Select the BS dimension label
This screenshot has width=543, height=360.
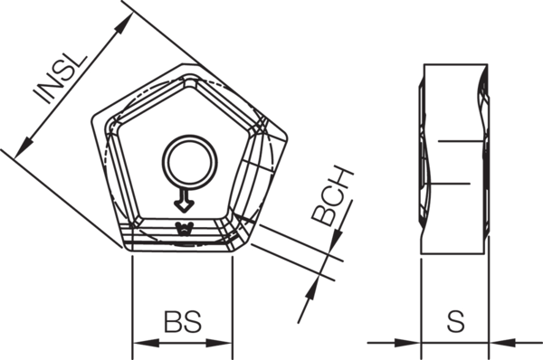point(182,322)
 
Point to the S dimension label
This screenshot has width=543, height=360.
point(456,322)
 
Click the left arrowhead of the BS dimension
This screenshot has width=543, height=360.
point(140,344)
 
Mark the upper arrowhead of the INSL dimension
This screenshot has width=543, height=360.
point(119,27)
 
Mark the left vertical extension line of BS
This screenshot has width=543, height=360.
point(133,298)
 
